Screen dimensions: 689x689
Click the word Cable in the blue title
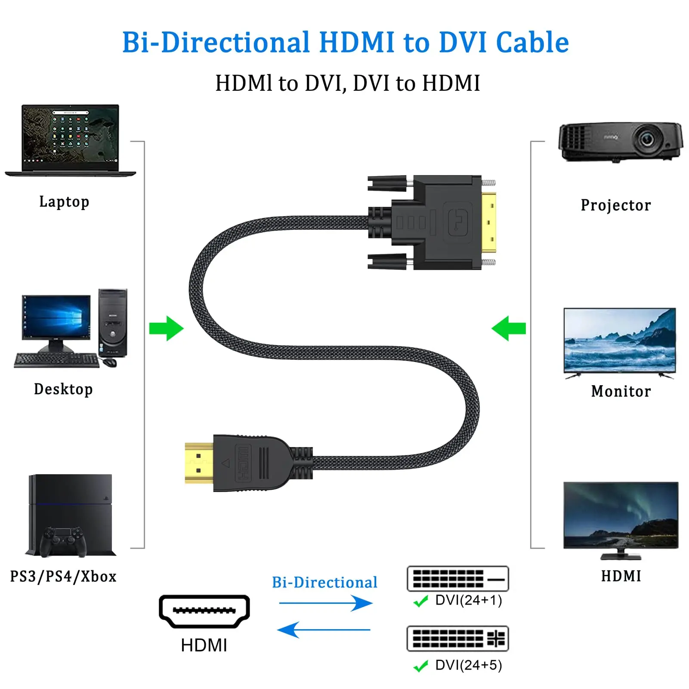[532, 42]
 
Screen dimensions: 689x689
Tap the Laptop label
[64, 202]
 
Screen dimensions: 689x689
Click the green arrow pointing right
[167, 328]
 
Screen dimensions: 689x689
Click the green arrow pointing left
[509, 328]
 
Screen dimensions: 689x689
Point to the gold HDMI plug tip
[199, 463]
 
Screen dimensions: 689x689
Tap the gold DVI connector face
[488, 222]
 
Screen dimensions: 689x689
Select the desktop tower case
[113, 323]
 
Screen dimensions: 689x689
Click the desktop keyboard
[56, 360]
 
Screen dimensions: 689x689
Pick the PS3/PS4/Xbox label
[63, 576]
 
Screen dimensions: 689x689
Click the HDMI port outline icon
[204, 612]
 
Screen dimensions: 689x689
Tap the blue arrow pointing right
[326, 603]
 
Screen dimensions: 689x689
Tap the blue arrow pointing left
[324, 630]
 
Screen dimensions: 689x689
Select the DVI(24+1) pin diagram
[458, 578]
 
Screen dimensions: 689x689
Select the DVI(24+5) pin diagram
[458, 639]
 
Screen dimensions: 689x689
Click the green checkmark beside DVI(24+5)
[420, 666]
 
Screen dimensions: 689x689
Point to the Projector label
[616, 205]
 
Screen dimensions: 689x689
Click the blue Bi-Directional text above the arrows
[325, 582]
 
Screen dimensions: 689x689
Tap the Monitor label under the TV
[621, 391]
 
